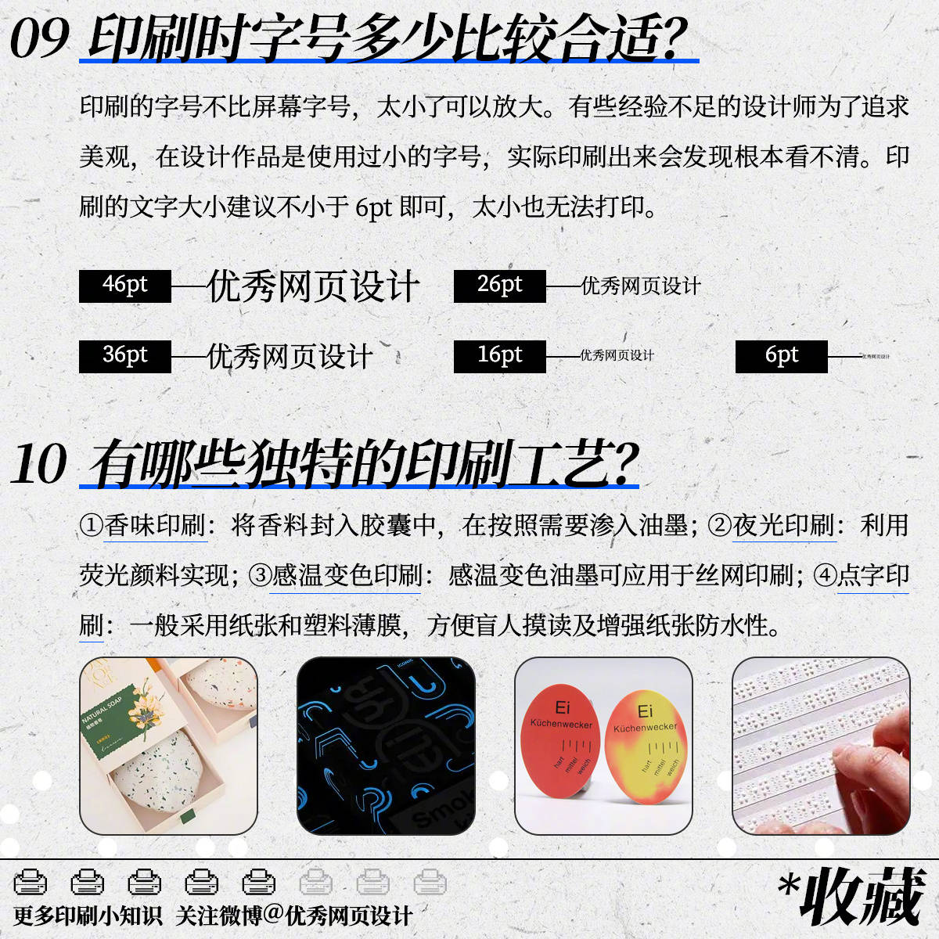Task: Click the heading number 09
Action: (x=39, y=38)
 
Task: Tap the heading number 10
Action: (x=39, y=464)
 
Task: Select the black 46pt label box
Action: (x=125, y=286)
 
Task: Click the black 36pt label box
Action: (x=125, y=356)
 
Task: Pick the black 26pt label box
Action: (x=499, y=286)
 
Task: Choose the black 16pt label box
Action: (x=499, y=356)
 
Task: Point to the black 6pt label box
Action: (x=781, y=356)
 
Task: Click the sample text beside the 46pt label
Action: (x=313, y=286)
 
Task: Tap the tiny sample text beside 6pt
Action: (x=876, y=357)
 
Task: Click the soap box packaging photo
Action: (x=168, y=746)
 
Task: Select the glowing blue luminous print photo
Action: (x=386, y=746)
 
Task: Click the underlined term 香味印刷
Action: (x=155, y=525)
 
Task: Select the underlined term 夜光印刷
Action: (x=784, y=525)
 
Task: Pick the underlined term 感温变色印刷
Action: (x=347, y=576)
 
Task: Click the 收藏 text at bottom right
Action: (x=861, y=897)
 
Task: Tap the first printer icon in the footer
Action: (x=31, y=882)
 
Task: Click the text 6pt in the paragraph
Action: (x=373, y=207)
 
